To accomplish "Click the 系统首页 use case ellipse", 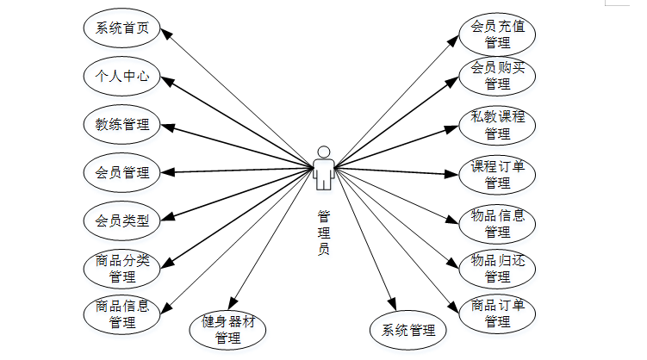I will (122, 28).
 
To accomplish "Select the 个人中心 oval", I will (122, 76).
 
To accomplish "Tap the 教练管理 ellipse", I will (122, 124).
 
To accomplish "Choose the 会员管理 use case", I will (122, 172).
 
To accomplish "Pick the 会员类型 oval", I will (122, 220).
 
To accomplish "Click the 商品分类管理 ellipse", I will (122, 269).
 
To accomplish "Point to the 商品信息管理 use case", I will (122, 314).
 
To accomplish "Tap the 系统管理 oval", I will (408, 330).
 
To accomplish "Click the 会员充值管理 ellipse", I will (497, 34).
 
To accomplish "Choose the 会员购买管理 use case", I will (497, 76).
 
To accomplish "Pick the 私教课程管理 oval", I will (497, 125).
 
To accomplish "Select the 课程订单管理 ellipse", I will (497, 174).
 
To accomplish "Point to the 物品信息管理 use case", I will (497, 223).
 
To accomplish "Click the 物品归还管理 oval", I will (497, 269).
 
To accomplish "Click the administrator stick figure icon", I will (324, 166).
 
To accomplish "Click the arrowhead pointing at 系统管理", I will (392, 305).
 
